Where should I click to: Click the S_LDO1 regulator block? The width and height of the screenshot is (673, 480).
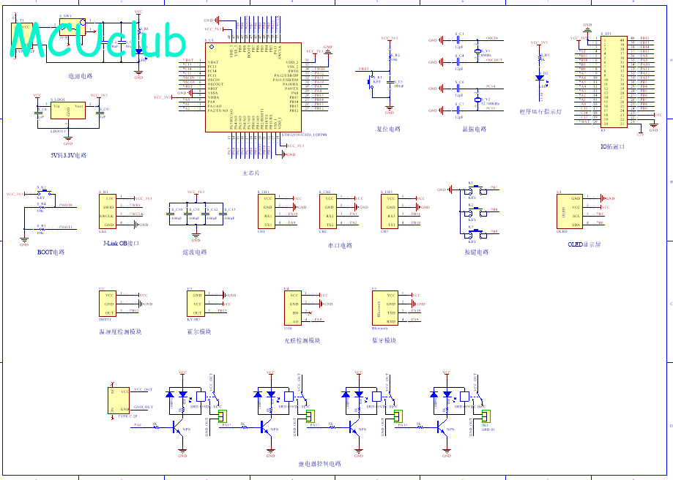(68, 110)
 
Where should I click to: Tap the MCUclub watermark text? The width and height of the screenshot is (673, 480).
(99, 42)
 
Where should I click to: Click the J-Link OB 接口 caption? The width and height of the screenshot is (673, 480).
(122, 242)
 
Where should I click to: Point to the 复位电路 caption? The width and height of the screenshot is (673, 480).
(389, 130)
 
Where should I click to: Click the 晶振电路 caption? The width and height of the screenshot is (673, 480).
(475, 130)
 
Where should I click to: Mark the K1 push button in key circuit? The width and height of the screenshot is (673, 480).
(472, 191)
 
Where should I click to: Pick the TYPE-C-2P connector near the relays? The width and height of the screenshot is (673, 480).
(118, 400)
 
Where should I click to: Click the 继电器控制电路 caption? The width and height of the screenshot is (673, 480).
(319, 464)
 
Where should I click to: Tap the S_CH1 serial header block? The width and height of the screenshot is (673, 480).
(268, 211)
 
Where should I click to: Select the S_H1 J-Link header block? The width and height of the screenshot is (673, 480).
(108, 211)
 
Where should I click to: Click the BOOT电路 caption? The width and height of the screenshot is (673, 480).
(51, 252)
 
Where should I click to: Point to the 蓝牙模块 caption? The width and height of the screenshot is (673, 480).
(384, 340)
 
